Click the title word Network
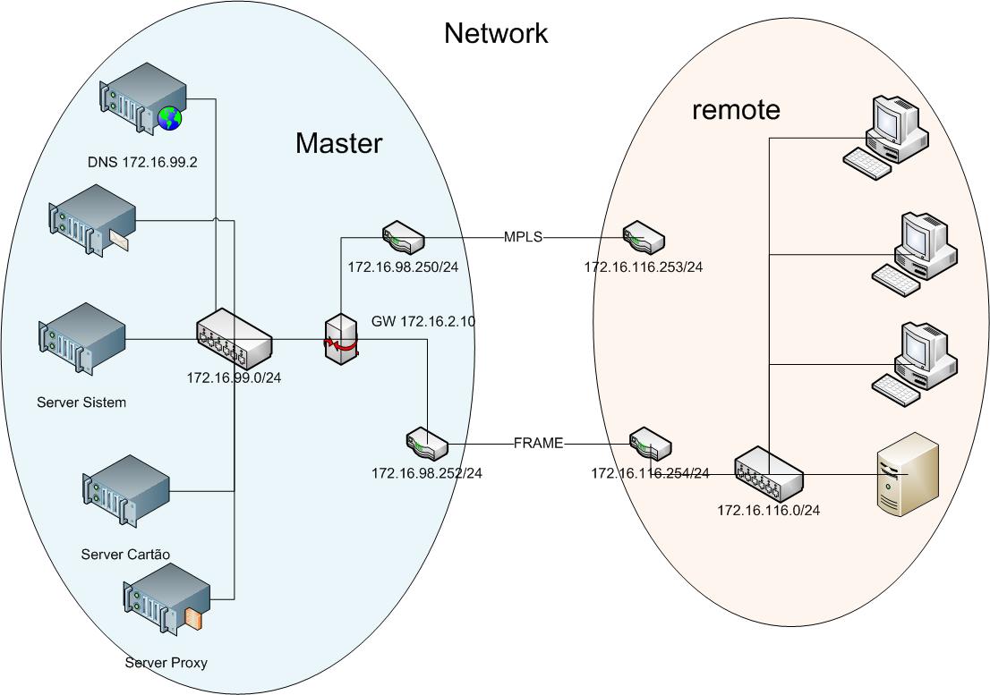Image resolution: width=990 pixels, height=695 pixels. pyautogui.click(x=496, y=34)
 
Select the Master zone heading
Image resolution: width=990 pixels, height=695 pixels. pyautogui.click(x=338, y=143)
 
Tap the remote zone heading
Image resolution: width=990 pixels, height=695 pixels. pyautogui.click(x=736, y=110)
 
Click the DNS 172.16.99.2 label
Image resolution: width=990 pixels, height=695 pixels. pyautogui.click(x=142, y=162)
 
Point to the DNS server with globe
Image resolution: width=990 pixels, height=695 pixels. pyautogui.click(x=143, y=97)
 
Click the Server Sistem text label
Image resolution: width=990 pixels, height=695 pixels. pyautogui.click(x=81, y=403)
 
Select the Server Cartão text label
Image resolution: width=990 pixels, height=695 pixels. pyautogui.click(x=125, y=555)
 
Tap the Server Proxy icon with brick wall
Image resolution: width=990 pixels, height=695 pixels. pyautogui.click(x=167, y=608)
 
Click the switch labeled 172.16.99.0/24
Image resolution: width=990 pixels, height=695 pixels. pyautogui.click(x=234, y=339)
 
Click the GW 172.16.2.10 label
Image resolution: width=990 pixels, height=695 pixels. pyautogui.click(x=422, y=321)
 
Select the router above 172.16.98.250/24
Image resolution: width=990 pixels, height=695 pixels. pyautogui.click(x=403, y=237)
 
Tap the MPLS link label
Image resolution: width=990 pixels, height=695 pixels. pyautogui.click(x=524, y=237)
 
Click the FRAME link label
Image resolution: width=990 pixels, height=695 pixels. pyautogui.click(x=539, y=443)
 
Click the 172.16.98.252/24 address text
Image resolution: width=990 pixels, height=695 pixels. pyautogui.click(x=427, y=472)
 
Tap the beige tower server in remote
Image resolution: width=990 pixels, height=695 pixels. pyautogui.click(x=908, y=473)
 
